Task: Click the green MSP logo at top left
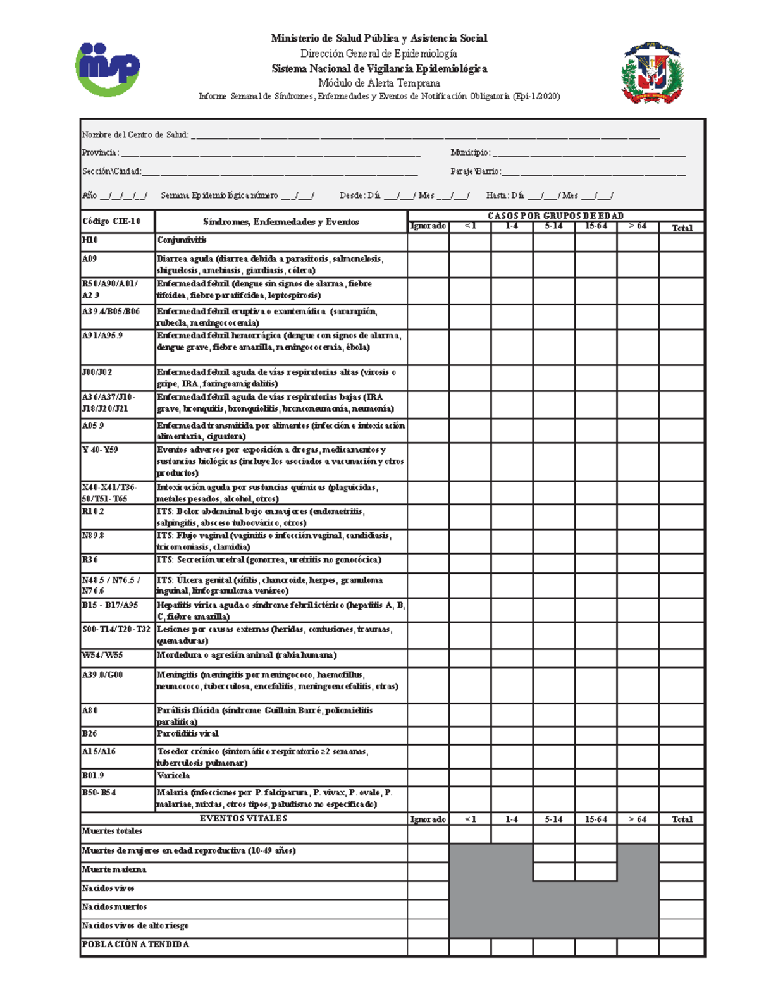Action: click(x=108, y=69)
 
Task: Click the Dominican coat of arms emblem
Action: click(x=652, y=73)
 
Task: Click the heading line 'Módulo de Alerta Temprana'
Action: click(x=379, y=83)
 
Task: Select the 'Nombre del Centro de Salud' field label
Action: click(x=135, y=134)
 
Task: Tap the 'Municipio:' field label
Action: click(x=470, y=152)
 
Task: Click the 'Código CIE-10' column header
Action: click(x=111, y=221)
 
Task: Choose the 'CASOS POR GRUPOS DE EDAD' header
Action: click(x=555, y=216)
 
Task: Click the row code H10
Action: click(x=90, y=240)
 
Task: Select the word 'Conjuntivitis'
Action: click(x=182, y=240)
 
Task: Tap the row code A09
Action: click(x=90, y=259)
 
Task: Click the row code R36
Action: click(x=90, y=560)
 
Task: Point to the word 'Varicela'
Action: click(x=173, y=775)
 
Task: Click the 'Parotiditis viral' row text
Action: click(x=187, y=733)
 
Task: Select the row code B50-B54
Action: click(x=99, y=792)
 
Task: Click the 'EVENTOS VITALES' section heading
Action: click(x=244, y=818)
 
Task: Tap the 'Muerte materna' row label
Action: click(x=114, y=869)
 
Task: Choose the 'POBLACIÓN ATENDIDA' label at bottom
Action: click(x=135, y=944)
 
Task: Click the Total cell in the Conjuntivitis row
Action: click(x=681, y=242)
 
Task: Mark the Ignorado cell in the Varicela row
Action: click(x=428, y=776)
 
